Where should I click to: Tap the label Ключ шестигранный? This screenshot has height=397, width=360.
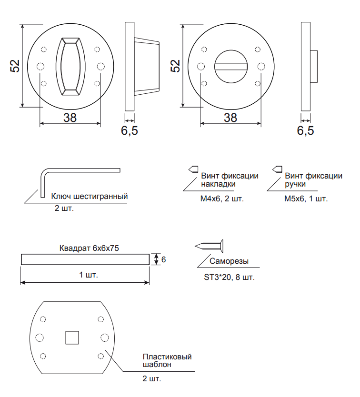click(89, 196)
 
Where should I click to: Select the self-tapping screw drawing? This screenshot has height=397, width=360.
click(210, 246)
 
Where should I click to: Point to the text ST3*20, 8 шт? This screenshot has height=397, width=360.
click(226, 277)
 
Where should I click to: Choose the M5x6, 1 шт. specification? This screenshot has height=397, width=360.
click(306, 198)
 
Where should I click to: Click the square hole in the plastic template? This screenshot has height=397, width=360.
click(72, 337)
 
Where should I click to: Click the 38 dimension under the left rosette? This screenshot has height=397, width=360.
click(70, 118)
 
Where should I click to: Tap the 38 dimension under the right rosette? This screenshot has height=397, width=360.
click(230, 118)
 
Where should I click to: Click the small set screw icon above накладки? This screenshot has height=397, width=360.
click(193, 169)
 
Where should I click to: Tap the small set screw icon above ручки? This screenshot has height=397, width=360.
click(277, 169)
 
